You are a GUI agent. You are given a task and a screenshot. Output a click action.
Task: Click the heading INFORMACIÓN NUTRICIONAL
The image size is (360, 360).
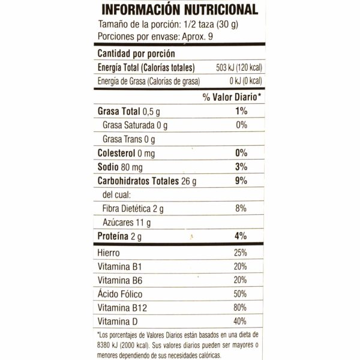tap(180, 10)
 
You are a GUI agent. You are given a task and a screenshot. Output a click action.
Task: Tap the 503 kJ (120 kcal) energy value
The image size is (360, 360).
tap(232, 68)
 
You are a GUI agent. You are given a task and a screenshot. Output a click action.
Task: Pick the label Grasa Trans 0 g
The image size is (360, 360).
tap(129, 140)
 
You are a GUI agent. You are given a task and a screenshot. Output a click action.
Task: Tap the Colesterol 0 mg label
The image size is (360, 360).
tap(125, 152)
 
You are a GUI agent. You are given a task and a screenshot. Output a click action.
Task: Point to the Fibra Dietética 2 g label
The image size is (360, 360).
tap(133, 209)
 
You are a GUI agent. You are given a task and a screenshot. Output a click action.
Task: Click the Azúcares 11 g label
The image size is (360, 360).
tap(127, 223)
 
